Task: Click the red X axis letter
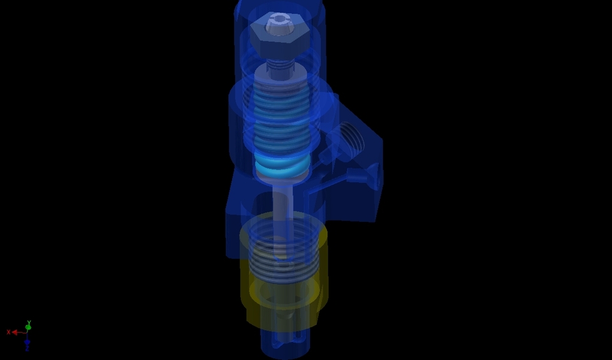pyautogui.click(x=8, y=332)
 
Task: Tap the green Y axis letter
pyautogui.click(x=29, y=322)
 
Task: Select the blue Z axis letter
pyautogui.click(x=27, y=349)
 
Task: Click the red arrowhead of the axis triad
pyautogui.click(x=15, y=332)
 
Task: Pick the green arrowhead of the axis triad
pyautogui.click(x=28, y=328)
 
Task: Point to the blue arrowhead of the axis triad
pyautogui.click(x=27, y=343)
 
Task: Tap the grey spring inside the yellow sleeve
pyautogui.click(x=283, y=261)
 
